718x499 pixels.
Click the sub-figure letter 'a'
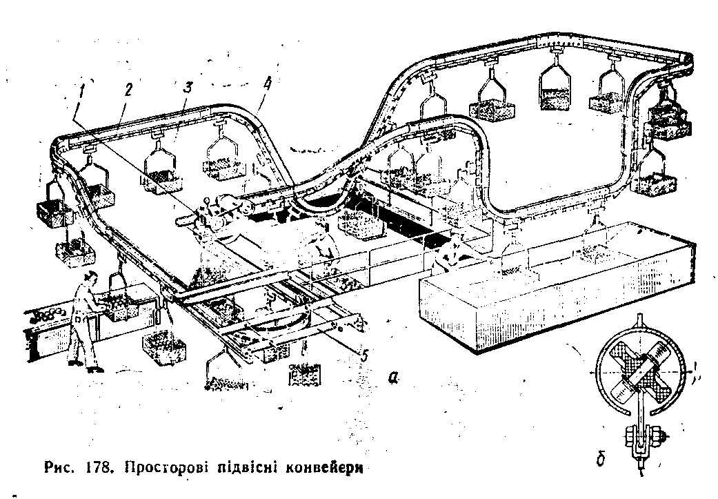[x=393, y=377]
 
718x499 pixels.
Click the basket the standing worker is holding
[x=125, y=307]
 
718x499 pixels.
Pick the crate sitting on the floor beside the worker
[x=163, y=348]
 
